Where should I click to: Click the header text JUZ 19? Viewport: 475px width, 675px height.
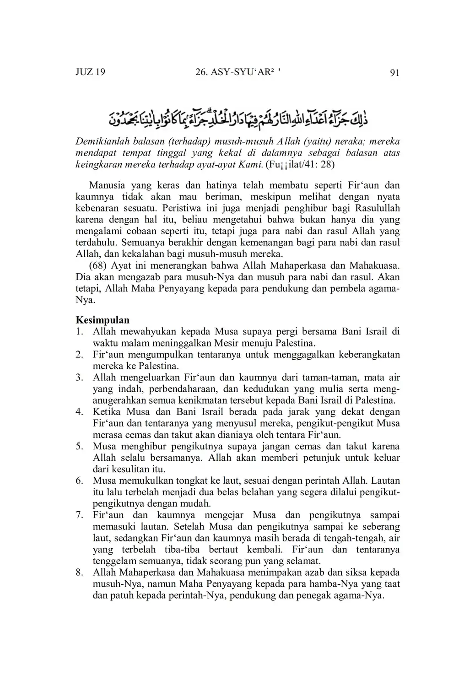[x=90, y=72]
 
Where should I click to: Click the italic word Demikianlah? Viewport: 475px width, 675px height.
[x=101, y=141]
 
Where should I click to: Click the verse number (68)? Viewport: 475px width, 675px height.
[x=97, y=265]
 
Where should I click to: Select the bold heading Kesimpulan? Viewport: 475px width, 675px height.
[x=103, y=320]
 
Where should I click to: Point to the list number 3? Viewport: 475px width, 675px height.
[x=79, y=378]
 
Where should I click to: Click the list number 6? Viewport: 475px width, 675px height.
[x=79, y=481]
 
